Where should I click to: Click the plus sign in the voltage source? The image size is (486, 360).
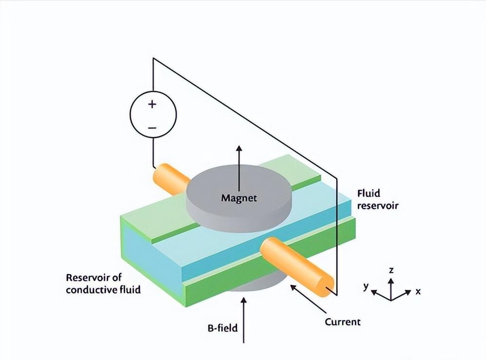click(x=152, y=104)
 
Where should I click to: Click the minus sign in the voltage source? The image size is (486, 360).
click(x=152, y=128)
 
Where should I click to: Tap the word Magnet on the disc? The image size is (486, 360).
click(x=238, y=198)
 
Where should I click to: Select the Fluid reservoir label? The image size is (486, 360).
click(x=378, y=199)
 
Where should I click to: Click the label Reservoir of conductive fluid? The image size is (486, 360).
click(x=103, y=284)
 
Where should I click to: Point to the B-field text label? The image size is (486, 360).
click(x=221, y=328)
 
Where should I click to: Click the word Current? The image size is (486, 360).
click(x=342, y=322)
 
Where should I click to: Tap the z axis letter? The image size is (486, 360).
click(x=391, y=270)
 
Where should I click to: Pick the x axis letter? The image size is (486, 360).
click(x=418, y=292)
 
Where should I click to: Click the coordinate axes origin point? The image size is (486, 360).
click(x=391, y=298)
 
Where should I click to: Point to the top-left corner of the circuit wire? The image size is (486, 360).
click(x=153, y=59)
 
